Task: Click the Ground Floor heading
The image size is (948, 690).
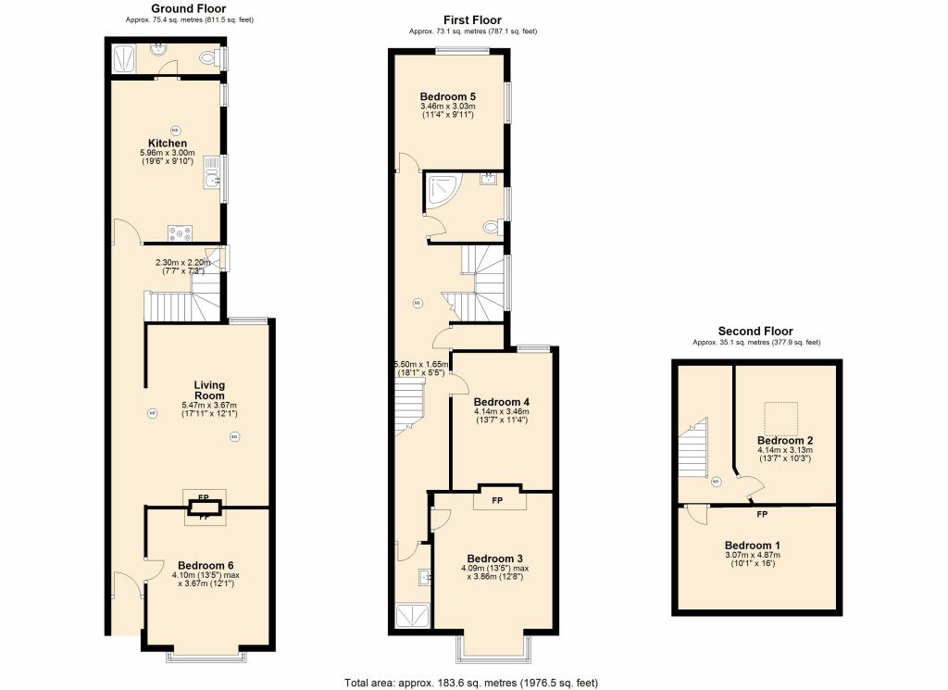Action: coord(189,8)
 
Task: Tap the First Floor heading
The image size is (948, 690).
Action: coord(472,20)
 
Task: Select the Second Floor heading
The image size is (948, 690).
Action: coord(755,331)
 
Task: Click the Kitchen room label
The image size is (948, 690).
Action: coord(168,144)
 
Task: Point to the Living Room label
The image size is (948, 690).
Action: coord(209,390)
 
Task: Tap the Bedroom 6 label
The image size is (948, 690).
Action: coord(206,565)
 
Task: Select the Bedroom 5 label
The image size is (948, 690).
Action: coord(447,96)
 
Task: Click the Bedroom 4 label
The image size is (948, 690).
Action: coord(501,402)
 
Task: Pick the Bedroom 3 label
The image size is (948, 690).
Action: coord(494,558)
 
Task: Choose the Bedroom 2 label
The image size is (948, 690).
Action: coord(785,441)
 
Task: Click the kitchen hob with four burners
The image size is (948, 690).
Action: coord(181,232)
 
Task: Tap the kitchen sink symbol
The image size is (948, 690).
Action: coord(212,171)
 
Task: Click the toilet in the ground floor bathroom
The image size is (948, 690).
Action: coord(208,58)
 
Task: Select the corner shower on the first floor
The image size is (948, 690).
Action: coord(443,191)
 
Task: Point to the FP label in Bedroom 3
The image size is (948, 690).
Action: coord(497,501)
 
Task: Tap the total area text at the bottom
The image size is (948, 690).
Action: coord(471,683)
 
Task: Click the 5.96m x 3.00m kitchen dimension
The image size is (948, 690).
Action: coord(168,154)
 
